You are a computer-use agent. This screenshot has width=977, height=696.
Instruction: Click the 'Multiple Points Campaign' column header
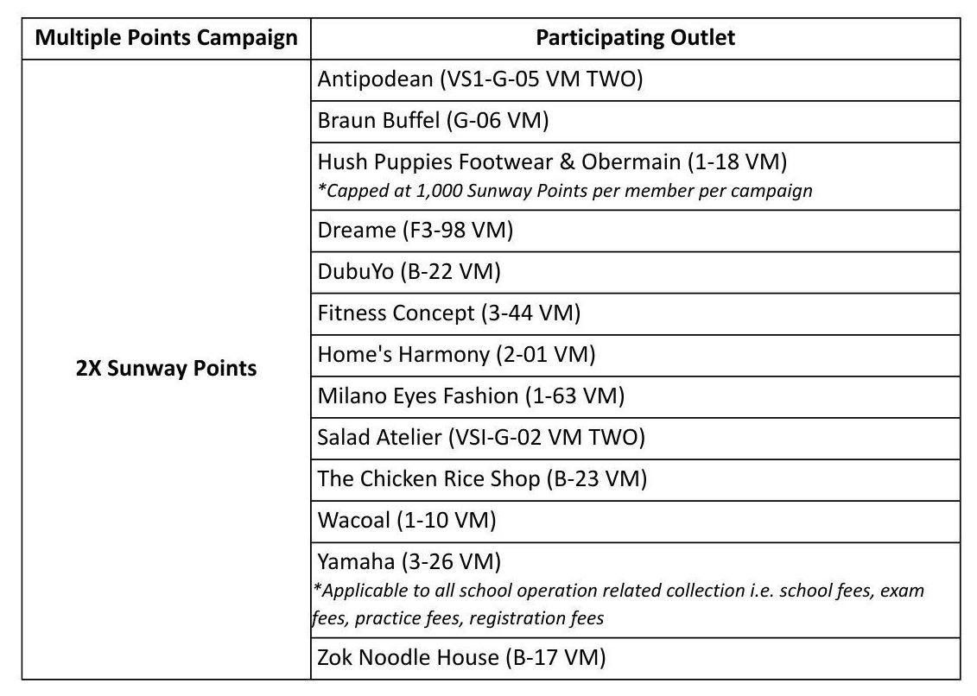(167, 38)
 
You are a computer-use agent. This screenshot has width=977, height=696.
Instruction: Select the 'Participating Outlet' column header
(635, 38)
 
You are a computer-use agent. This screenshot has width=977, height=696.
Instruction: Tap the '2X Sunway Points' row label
(167, 369)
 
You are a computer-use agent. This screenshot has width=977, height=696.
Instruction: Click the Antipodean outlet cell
(480, 79)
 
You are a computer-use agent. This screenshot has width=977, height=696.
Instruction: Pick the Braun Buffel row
(433, 120)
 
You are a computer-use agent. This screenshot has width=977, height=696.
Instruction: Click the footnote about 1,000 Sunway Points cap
(565, 191)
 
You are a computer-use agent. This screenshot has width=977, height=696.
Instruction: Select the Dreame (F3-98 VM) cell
(416, 231)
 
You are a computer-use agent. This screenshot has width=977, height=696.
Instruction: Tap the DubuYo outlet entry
(409, 272)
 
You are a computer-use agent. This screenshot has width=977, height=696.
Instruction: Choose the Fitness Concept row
(448, 313)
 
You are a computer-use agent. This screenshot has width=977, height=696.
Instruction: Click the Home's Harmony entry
(456, 354)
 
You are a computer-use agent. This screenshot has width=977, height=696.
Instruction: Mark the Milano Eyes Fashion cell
(471, 395)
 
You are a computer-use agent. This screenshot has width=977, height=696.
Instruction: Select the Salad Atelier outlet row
(481, 437)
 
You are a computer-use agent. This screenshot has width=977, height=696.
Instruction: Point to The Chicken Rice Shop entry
(482, 478)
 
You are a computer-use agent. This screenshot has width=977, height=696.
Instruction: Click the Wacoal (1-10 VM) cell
(407, 520)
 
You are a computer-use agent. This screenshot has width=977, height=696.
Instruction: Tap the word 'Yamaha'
(356, 562)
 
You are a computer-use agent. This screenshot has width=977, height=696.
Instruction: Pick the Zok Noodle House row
(461, 658)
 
